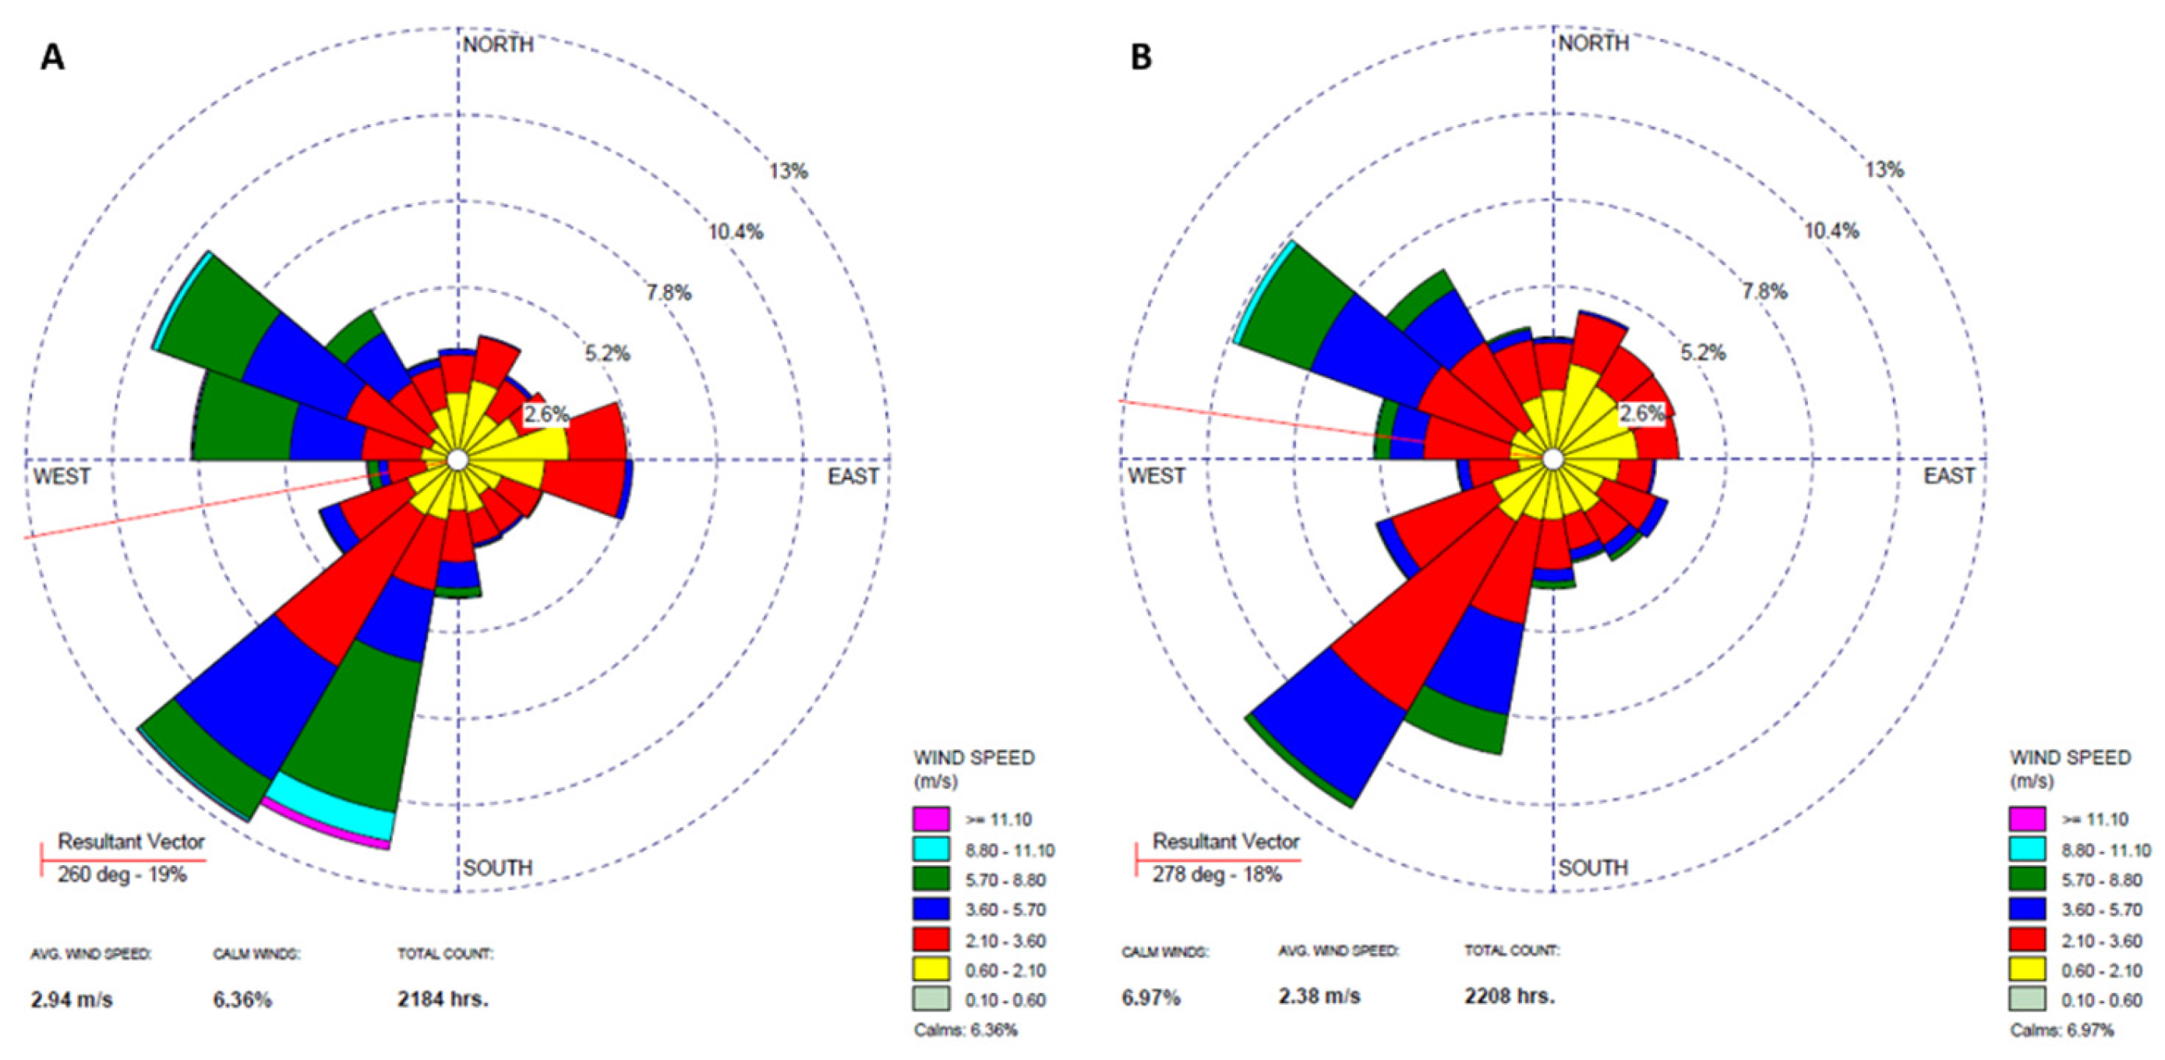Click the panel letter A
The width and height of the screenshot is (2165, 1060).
pos(52,58)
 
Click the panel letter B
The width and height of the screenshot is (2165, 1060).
pos(1140,58)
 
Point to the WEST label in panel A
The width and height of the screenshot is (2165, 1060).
pos(62,477)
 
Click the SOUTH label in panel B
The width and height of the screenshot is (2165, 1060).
pos(1594,867)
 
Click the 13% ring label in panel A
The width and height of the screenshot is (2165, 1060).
pos(789,171)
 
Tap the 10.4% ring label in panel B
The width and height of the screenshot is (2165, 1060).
pos(1831,231)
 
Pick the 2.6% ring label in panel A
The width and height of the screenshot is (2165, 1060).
pos(546,415)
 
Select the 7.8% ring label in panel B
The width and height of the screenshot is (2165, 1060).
pos(1764,291)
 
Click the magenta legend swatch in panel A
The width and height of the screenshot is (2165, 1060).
pos(931,818)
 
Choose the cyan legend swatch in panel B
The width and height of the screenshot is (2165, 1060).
pos(2027,849)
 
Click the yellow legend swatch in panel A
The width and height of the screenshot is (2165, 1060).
pos(931,970)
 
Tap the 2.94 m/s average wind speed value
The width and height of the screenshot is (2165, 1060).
pos(72,1000)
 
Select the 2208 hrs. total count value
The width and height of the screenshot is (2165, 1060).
pos(1510,997)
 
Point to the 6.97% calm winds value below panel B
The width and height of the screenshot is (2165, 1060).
pos(1150,998)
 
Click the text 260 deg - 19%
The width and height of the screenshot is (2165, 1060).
pos(122,875)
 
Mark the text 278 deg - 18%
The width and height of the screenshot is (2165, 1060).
pos(1217,875)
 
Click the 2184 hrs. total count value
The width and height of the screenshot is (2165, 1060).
pos(443,999)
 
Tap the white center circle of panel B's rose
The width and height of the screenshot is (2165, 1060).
pos(1553,460)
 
